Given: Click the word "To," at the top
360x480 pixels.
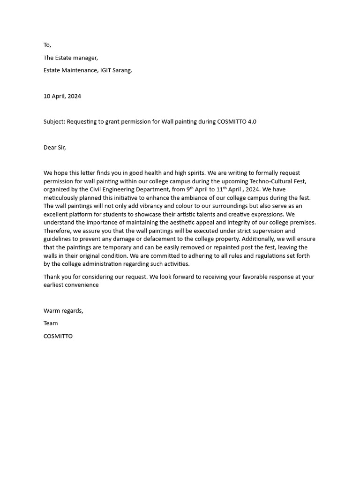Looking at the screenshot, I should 47,45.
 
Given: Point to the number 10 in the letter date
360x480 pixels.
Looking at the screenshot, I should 47,96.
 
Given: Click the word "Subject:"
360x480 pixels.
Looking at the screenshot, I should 54,122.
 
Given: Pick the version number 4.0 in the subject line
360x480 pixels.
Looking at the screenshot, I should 251,122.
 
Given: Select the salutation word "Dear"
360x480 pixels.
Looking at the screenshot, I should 50,148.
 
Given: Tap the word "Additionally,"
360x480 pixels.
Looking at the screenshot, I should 260,239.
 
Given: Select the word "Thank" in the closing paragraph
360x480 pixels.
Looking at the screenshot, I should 52,277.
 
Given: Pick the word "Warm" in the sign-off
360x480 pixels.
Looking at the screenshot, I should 51,311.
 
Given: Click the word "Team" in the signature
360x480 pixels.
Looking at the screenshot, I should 51,323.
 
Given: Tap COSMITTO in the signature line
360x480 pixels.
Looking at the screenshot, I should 58,336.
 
